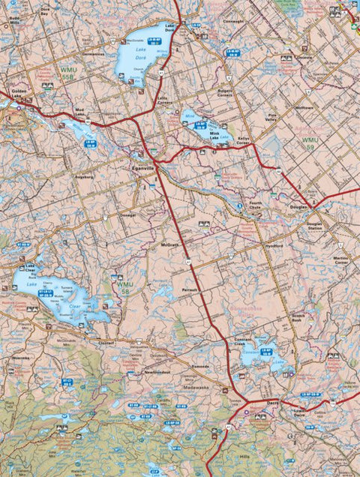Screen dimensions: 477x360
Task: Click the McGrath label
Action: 169,244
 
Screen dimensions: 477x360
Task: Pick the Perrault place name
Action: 190,289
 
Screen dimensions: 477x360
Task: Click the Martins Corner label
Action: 341,259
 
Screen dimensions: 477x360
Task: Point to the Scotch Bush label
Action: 301,318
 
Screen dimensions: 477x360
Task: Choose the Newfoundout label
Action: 157,372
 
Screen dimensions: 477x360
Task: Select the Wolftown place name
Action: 304,108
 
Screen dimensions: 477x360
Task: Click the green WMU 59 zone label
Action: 310,140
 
